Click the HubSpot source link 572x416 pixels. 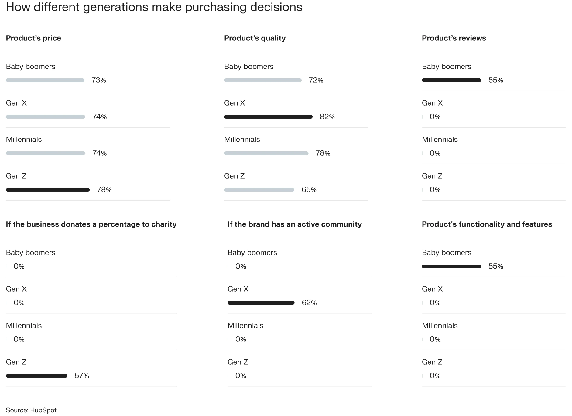[x=43, y=410]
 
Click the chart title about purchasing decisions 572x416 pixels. [x=154, y=7]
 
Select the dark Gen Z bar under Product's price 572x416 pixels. [x=48, y=190]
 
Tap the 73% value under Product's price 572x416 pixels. [x=99, y=80]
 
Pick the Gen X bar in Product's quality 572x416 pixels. [x=268, y=117]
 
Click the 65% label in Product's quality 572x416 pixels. [x=309, y=190]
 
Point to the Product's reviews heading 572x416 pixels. [x=454, y=38]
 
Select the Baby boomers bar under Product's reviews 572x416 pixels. [x=451, y=80]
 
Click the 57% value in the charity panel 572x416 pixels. [x=82, y=376]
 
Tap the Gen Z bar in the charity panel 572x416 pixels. [x=36, y=376]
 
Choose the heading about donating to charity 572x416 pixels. [x=91, y=224]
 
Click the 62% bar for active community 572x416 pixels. [x=261, y=303]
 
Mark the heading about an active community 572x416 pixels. [x=294, y=224]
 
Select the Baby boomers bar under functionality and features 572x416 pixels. [x=451, y=266]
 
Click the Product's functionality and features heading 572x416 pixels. [x=487, y=224]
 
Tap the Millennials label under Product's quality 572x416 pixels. [x=242, y=140]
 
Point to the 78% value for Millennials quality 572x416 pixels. [x=323, y=153]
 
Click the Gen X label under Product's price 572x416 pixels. [x=16, y=103]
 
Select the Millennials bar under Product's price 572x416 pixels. [x=46, y=153]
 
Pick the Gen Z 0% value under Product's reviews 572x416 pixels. [x=435, y=190]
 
